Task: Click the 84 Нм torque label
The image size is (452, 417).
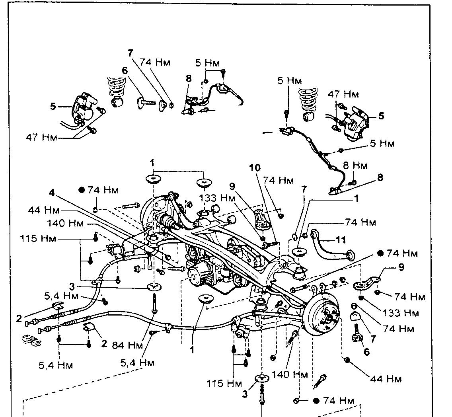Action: pyautogui.click(x=127, y=345)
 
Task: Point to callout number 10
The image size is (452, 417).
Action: pyautogui.click(x=255, y=168)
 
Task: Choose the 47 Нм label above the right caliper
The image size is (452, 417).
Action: pyautogui.click(x=343, y=94)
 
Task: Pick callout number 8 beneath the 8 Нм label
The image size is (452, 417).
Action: pyautogui.click(x=380, y=177)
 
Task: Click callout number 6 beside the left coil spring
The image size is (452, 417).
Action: pyautogui.click(x=125, y=70)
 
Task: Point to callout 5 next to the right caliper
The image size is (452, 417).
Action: pyautogui.click(x=381, y=116)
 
